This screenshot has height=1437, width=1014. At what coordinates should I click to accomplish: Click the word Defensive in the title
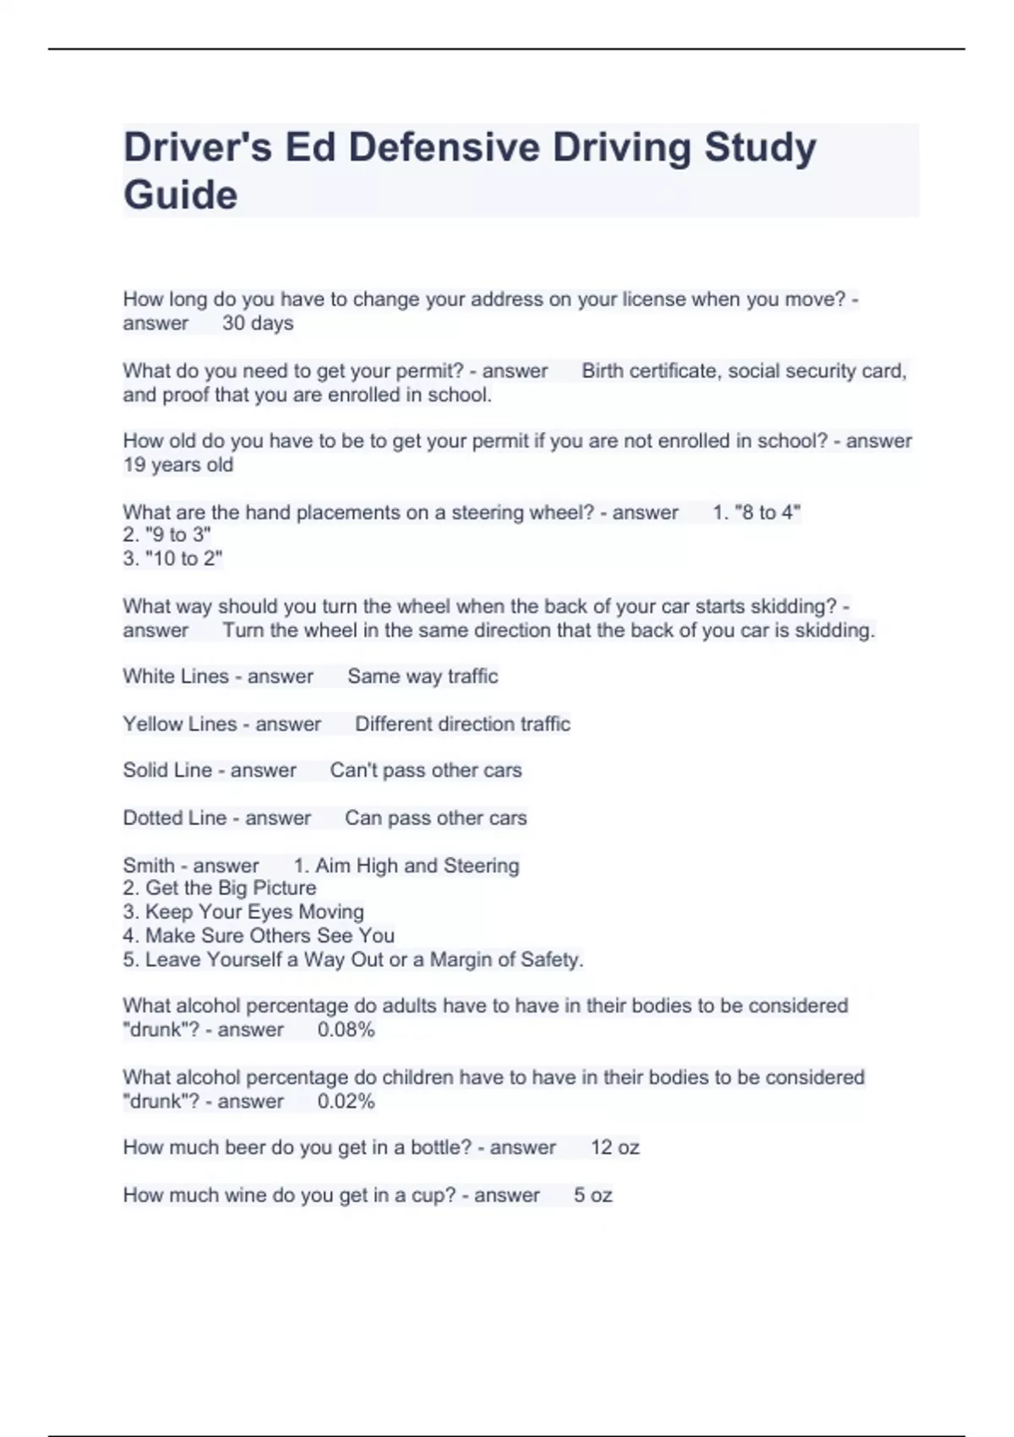[444, 147]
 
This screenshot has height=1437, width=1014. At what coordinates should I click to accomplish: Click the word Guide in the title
[180, 195]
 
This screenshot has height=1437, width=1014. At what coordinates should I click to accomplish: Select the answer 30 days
[258, 324]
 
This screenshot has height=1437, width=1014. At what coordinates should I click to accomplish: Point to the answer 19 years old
[178, 465]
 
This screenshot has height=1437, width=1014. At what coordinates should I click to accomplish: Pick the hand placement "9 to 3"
[177, 535]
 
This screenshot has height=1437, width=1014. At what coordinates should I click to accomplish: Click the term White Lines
[176, 676]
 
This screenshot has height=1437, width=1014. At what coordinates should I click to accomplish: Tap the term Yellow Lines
[180, 724]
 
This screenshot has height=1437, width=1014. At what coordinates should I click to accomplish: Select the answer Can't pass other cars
[426, 771]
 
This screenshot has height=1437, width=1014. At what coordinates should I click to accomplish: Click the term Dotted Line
[175, 818]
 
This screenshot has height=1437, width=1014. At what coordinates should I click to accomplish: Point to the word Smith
[148, 866]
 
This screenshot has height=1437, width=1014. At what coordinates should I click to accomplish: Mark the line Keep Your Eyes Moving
[254, 912]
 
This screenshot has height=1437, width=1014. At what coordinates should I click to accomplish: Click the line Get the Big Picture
[231, 888]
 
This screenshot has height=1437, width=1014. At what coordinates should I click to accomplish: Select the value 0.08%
[346, 1030]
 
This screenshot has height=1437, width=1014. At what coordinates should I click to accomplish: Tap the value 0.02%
[346, 1102]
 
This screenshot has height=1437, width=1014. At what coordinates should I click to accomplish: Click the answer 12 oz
[615, 1148]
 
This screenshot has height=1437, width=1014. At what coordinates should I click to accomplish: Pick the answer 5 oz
[593, 1196]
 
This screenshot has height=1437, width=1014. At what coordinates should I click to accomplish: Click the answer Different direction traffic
[462, 724]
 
